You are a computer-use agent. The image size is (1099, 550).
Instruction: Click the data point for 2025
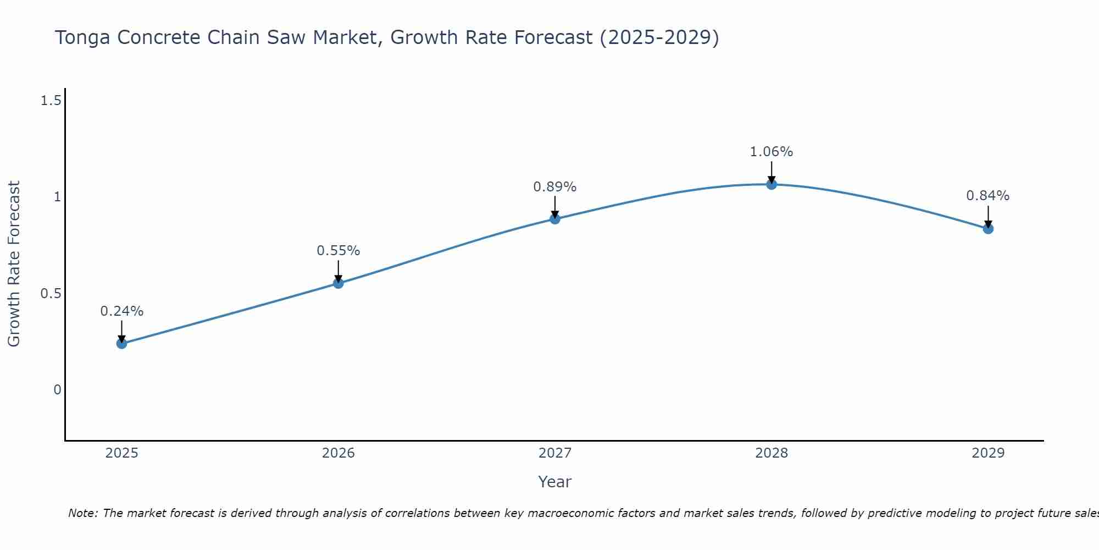(x=121, y=344)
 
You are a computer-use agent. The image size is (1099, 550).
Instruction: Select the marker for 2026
(x=338, y=283)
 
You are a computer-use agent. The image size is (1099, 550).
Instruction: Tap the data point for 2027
(x=555, y=219)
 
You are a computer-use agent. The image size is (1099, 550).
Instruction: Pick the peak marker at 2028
(x=771, y=185)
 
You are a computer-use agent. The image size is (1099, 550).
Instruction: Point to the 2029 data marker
(x=988, y=229)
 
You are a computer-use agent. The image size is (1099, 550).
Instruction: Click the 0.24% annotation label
(x=121, y=311)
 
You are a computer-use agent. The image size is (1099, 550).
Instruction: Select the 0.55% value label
(x=338, y=251)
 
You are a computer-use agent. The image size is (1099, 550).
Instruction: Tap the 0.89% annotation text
(x=555, y=187)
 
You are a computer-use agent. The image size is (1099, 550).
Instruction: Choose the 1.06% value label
(x=771, y=152)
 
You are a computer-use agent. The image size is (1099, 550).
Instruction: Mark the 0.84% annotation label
(x=988, y=196)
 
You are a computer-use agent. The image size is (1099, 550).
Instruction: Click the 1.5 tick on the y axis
(x=51, y=101)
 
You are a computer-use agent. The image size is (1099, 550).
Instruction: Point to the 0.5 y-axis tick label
(x=51, y=294)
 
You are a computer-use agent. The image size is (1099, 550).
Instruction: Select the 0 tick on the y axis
(x=57, y=390)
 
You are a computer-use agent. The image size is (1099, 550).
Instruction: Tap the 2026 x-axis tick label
(x=338, y=453)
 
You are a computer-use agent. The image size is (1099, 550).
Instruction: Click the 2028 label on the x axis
(x=771, y=453)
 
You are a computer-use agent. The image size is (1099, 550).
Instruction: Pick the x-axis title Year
(x=555, y=482)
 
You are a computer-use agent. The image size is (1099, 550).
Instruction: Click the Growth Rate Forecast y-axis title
(x=14, y=264)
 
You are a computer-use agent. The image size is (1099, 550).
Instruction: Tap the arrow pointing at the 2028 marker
(x=771, y=172)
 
